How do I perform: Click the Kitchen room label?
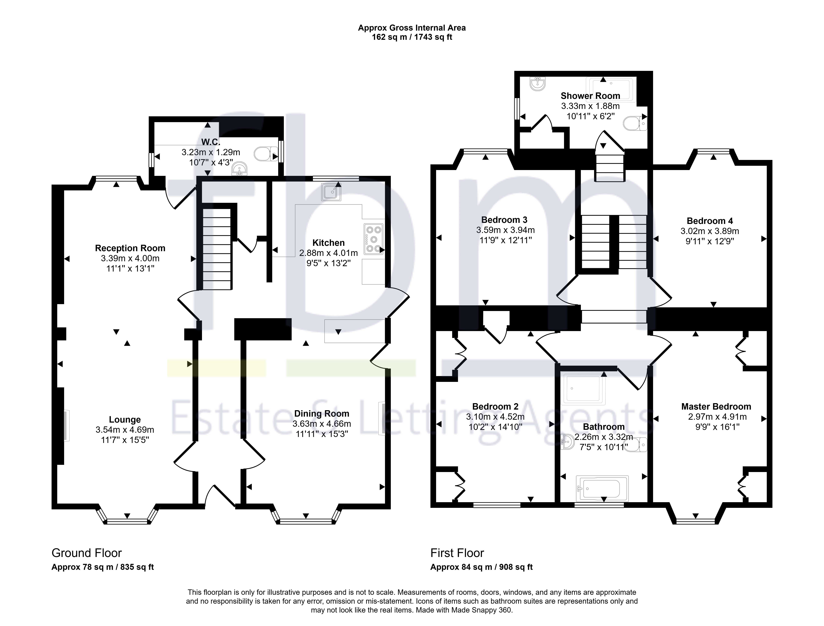click(x=328, y=243)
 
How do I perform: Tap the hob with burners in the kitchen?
click(x=373, y=239)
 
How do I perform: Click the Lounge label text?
click(x=125, y=420)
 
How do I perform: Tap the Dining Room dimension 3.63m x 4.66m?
click(x=321, y=424)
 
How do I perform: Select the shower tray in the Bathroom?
click(x=583, y=389)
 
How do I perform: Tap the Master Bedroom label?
click(x=716, y=407)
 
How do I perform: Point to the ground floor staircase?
click(x=217, y=249)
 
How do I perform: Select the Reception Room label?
click(x=130, y=248)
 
